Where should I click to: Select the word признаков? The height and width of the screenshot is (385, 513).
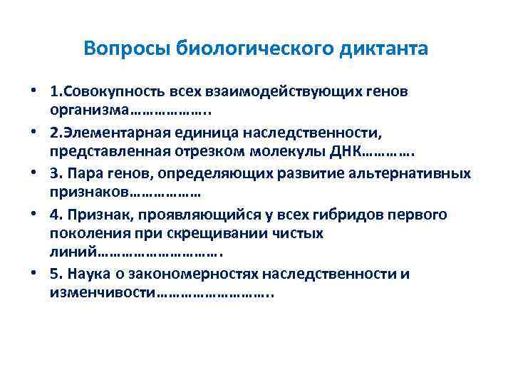pyautogui.click(x=89, y=192)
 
